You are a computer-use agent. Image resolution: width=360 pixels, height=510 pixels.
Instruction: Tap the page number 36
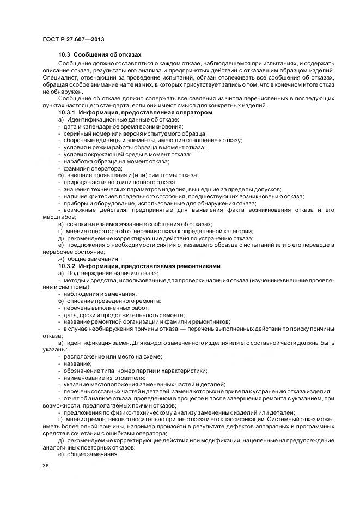click(45, 467)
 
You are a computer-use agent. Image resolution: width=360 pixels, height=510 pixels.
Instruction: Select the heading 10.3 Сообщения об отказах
click(100, 55)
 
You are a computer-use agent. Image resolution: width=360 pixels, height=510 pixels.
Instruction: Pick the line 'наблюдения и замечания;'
click(97, 294)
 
